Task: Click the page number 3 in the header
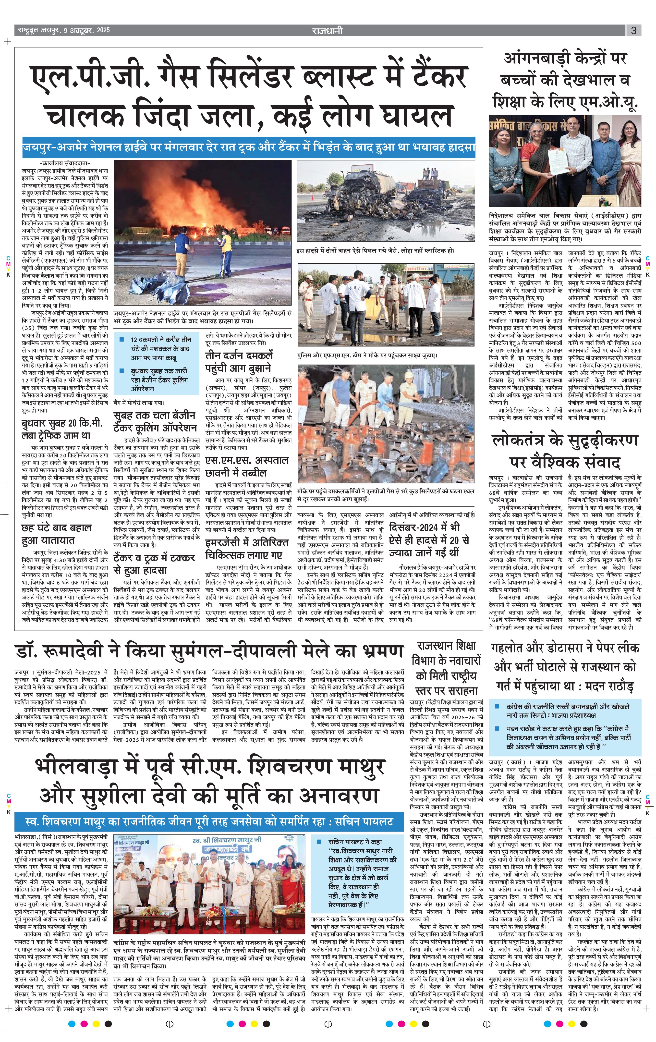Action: [633, 31]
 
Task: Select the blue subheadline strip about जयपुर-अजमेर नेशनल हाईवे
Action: [249, 147]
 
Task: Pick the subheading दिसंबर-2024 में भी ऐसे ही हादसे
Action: [429, 540]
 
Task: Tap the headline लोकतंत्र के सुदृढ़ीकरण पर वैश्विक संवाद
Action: [565, 451]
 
